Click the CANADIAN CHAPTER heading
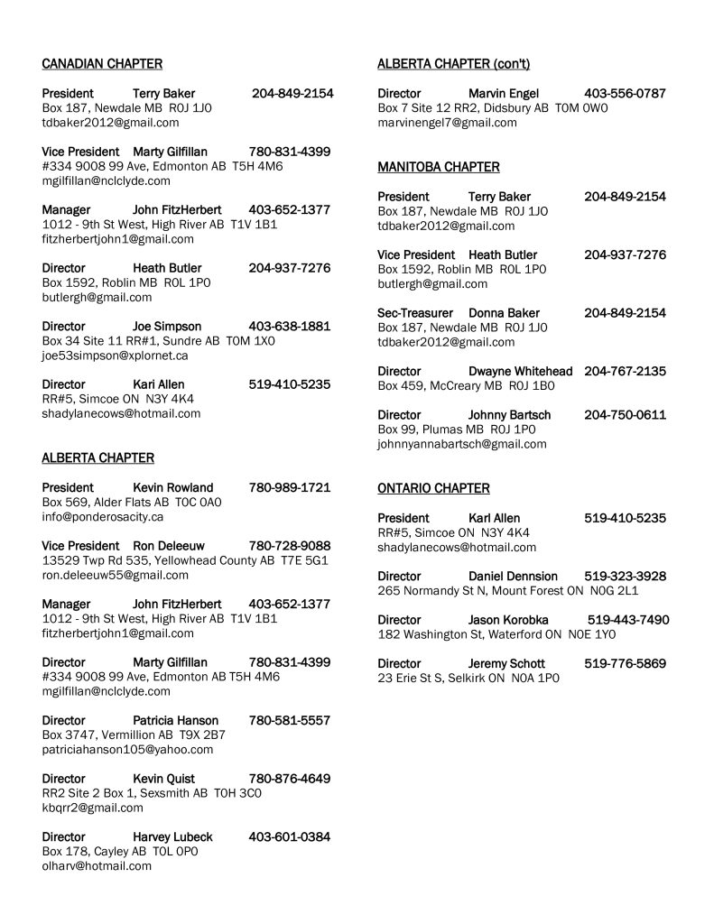102,63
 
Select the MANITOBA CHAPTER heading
438,167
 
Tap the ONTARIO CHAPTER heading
433,488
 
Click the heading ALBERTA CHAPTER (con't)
453,63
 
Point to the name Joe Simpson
167,326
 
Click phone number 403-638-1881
289,326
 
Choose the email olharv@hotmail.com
97,865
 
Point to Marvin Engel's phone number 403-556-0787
625,93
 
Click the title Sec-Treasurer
416,313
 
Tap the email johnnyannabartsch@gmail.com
461,444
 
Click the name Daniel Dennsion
513,576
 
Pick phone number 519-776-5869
625,663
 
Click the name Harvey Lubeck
172,836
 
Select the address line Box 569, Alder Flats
132,503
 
